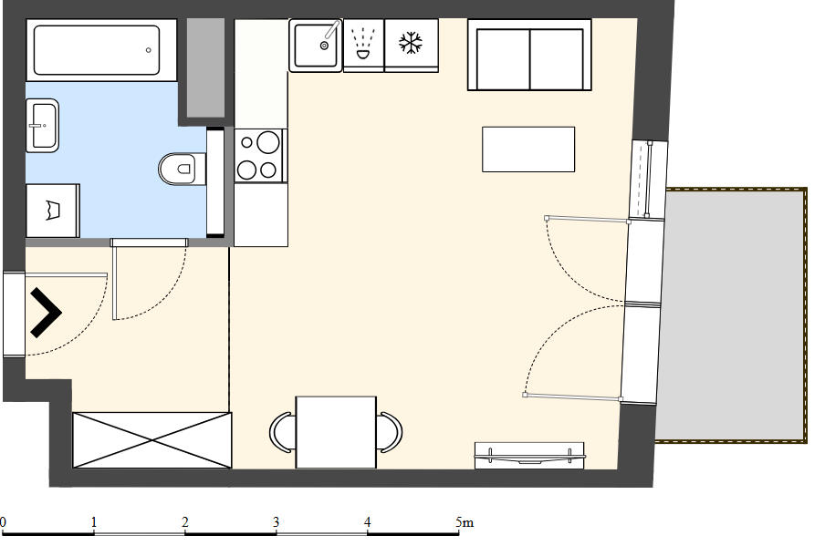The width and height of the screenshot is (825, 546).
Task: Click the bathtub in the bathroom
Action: [101, 50]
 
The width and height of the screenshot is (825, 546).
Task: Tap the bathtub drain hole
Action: [149, 50]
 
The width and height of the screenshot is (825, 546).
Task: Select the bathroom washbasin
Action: [43, 126]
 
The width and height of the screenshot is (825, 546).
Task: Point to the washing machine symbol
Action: [53, 211]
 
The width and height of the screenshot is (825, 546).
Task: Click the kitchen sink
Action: [316, 46]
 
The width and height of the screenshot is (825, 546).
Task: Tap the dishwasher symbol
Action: [363, 44]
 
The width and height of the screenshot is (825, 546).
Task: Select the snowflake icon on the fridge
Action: [411, 43]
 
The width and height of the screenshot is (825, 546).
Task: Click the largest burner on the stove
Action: [268, 142]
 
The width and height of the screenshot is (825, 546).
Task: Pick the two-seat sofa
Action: [529, 56]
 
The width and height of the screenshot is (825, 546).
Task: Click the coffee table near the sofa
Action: [528, 149]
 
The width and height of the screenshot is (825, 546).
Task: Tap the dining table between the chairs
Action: [336, 432]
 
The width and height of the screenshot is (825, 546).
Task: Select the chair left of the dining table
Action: [281, 432]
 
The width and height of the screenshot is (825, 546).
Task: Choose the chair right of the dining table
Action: [391, 432]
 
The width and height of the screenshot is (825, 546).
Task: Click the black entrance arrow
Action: [46, 313]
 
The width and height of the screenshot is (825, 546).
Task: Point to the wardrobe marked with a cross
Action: [152, 440]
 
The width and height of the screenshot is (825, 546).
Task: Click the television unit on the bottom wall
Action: [529, 456]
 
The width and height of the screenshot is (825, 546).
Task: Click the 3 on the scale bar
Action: [277, 522]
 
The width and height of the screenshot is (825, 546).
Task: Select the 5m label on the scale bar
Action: [465, 522]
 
